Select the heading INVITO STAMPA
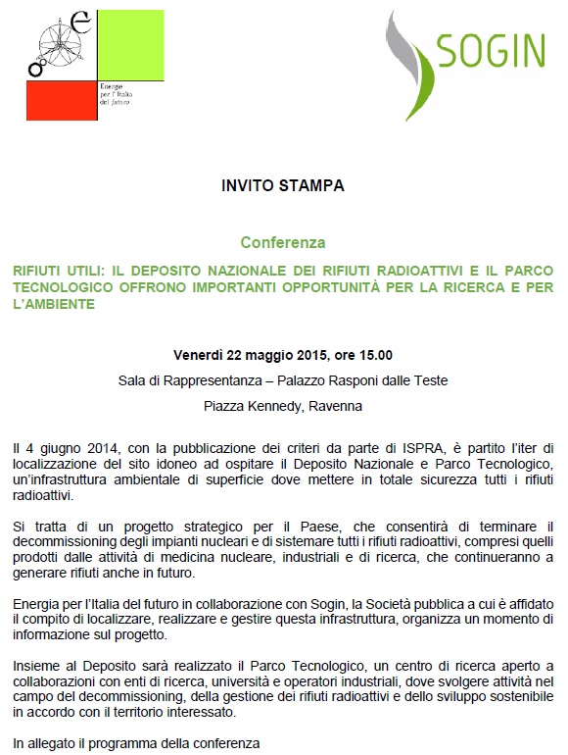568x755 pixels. click(x=283, y=184)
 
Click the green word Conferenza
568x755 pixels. click(x=283, y=241)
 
